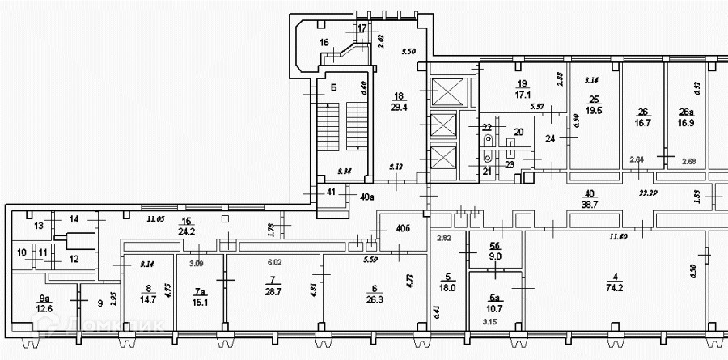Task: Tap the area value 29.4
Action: (x=397, y=106)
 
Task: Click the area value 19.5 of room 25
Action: (x=594, y=111)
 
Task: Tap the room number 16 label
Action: (x=324, y=42)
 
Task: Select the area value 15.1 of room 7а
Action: (x=200, y=303)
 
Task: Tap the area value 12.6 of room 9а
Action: (x=44, y=307)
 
